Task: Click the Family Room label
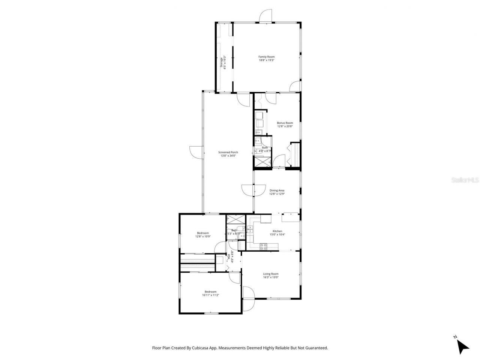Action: coord(266,57)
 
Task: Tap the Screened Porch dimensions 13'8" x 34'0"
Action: coord(228,156)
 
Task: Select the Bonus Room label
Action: coord(285,123)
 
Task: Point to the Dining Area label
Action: coord(277,190)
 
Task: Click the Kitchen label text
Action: coord(277,231)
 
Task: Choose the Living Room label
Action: coord(270,274)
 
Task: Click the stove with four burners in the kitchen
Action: coord(264,246)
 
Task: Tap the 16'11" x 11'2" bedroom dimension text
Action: coord(210,295)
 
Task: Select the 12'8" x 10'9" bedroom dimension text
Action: coord(202,236)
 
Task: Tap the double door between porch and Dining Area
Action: coord(248,190)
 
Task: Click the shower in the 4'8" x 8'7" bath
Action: coord(262,161)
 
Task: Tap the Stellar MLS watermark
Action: coord(465,180)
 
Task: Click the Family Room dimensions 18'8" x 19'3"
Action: coord(266,60)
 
